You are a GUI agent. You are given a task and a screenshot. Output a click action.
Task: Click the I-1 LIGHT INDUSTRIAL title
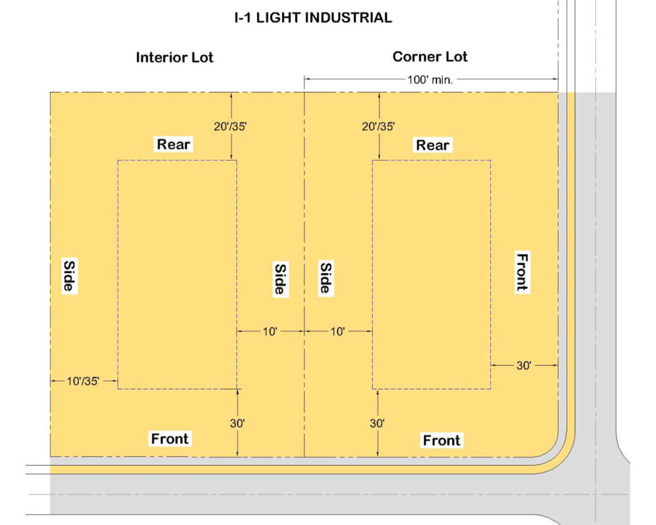(x=313, y=18)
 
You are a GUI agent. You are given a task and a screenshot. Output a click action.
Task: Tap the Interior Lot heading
(x=175, y=57)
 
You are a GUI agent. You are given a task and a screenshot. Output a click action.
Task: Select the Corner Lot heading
(x=430, y=57)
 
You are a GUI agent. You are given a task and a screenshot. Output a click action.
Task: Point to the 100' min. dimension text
(x=430, y=80)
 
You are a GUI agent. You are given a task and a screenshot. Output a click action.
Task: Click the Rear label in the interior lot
(x=173, y=144)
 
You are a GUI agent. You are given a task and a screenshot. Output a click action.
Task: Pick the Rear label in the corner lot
(x=433, y=145)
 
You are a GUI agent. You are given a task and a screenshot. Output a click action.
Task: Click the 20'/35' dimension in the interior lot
(x=230, y=126)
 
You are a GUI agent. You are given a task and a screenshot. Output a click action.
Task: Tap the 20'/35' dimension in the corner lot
(x=378, y=126)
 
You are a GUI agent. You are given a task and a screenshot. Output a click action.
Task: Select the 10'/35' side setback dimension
(x=83, y=381)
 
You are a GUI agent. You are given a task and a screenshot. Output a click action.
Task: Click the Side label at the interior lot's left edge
(x=69, y=276)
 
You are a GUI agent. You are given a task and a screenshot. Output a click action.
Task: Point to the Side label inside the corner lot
(x=326, y=277)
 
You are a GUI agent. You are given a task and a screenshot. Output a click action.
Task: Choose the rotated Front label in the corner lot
(x=522, y=272)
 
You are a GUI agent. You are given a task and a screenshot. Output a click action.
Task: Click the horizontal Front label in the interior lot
(x=170, y=439)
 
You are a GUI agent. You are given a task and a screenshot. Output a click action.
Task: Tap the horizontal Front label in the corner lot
(x=441, y=440)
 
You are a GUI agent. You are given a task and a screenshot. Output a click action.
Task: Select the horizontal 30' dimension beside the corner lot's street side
(x=524, y=366)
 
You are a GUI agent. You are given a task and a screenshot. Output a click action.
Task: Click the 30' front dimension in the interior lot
(x=237, y=423)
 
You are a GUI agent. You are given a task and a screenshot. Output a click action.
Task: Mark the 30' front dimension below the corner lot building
(x=377, y=423)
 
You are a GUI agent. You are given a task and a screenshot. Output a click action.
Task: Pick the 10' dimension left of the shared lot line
(x=270, y=332)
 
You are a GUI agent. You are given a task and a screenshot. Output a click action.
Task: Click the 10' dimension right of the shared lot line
(x=337, y=332)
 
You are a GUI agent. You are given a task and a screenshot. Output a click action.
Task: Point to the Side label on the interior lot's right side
(x=280, y=279)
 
